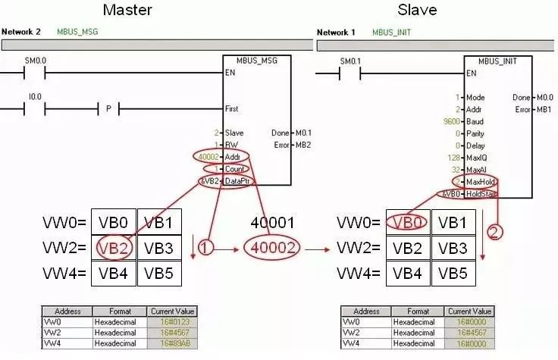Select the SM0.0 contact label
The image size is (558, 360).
[x=36, y=60]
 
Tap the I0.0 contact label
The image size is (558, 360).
[x=34, y=97]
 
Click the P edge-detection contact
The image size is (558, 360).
[x=108, y=109]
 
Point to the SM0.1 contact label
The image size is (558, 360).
[x=349, y=61]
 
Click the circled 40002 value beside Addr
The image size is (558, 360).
[x=207, y=157]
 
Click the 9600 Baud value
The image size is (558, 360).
[x=452, y=121]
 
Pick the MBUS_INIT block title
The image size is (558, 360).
[x=497, y=61]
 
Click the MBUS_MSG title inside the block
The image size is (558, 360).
[x=257, y=61]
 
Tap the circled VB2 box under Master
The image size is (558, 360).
[x=114, y=248]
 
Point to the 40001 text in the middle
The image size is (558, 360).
[x=271, y=223]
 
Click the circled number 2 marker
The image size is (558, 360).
[x=494, y=233]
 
